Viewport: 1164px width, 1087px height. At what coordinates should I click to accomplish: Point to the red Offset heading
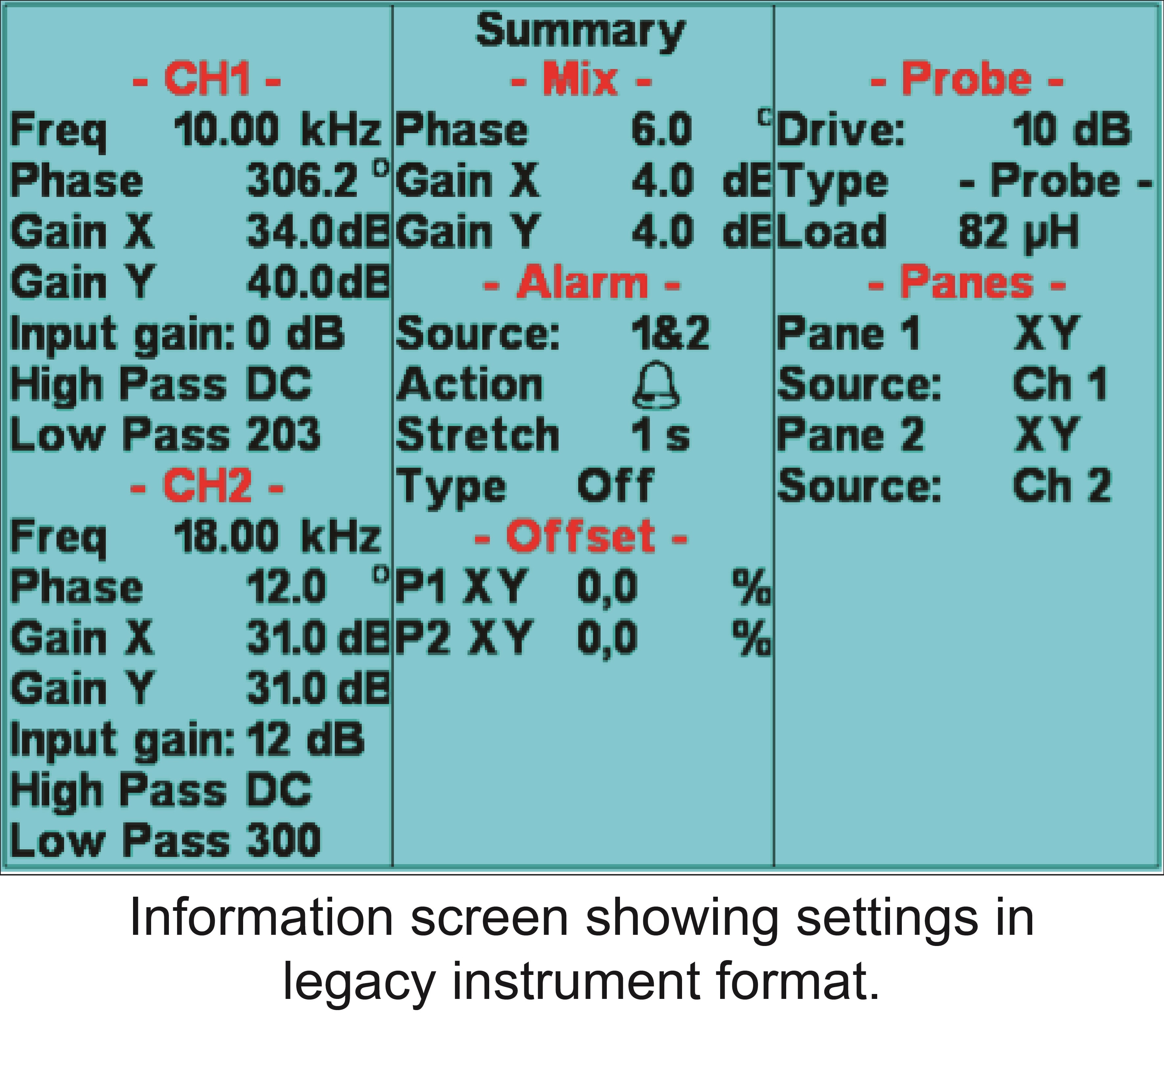(581, 536)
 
